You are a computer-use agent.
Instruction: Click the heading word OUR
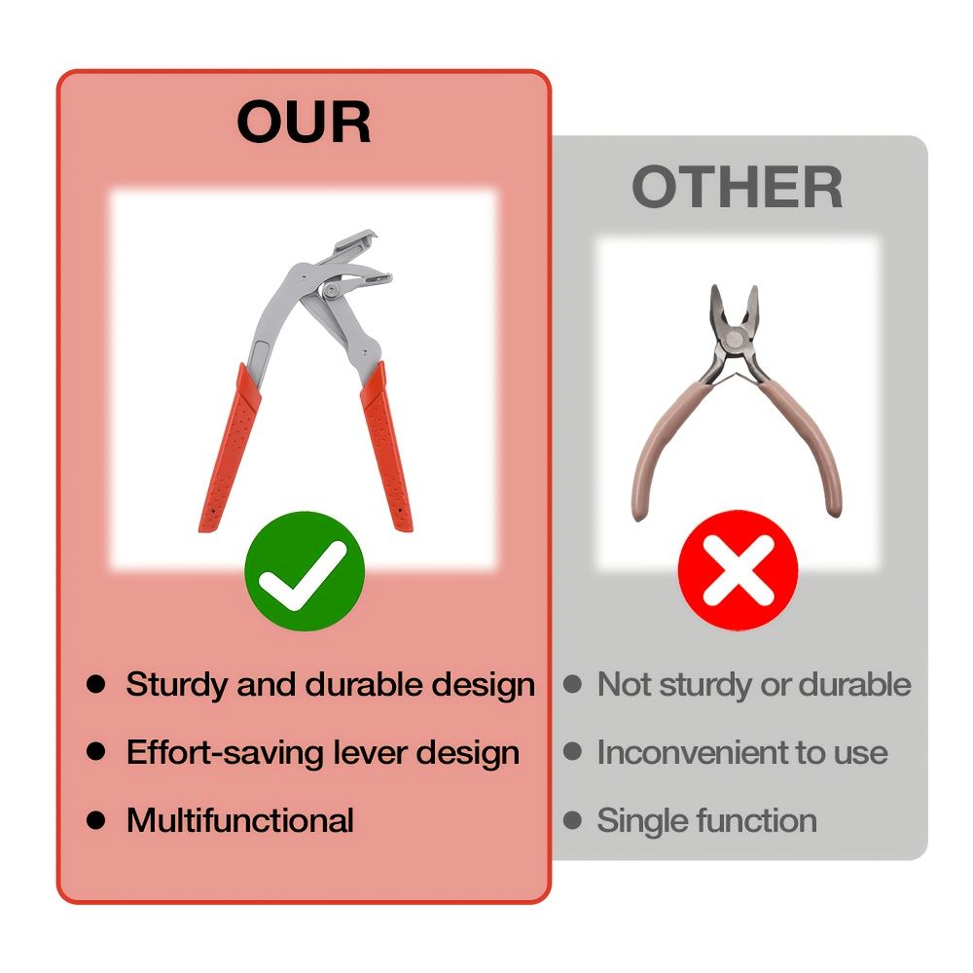[x=304, y=122]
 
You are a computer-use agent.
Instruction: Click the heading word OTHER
[x=738, y=187]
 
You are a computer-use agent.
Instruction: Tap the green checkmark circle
[x=304, y=571]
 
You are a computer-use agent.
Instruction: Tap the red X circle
[x=738, y=569]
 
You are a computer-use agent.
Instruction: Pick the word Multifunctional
[x=240, y=819]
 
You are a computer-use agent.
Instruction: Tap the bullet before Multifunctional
[x=96, y=819]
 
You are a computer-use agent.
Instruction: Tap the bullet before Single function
[x=572, y=819]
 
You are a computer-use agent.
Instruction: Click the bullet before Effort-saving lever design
[x=96, y=751]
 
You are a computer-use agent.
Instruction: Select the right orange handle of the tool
[x=387, y=447]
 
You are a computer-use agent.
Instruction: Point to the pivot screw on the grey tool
[x=331, y=290]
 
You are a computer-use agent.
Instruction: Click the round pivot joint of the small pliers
[x=735, y=341]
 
